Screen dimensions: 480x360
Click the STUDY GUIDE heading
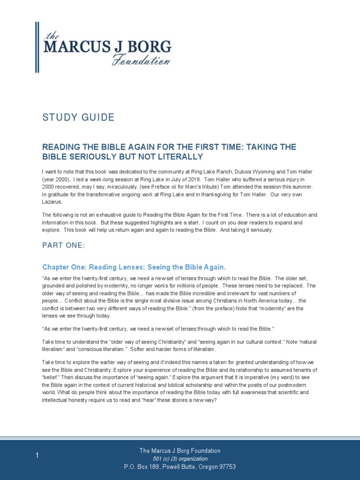[78, 117]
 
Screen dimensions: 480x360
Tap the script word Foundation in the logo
[140, 60]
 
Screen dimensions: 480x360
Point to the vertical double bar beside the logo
[37, 47]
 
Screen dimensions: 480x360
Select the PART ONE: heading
[64, 246]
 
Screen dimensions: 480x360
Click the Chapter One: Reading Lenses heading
[134, 267]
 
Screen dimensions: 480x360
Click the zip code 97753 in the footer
[225, 466]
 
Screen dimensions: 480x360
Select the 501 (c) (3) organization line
[180, 458]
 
